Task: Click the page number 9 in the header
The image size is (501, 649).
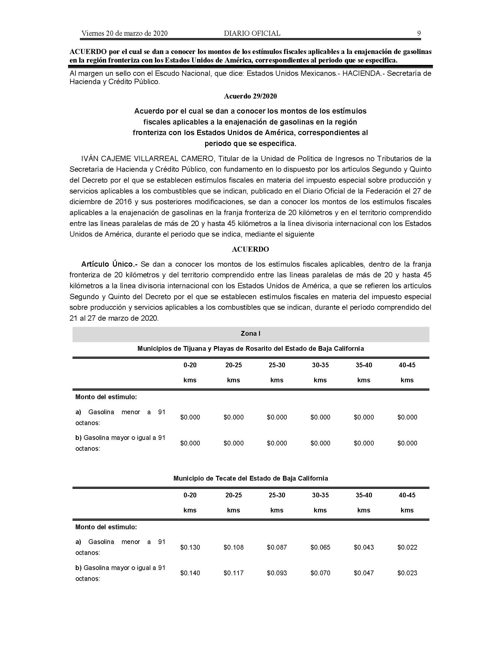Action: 419,33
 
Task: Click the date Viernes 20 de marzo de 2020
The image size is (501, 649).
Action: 124,33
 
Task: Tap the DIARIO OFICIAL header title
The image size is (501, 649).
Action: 252,33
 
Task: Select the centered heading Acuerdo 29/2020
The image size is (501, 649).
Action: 250,96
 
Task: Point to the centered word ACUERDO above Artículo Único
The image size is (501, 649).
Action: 250,249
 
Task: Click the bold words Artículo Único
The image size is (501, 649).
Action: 109,264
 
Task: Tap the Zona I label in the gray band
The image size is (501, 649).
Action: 250,333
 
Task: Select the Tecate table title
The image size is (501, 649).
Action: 250,478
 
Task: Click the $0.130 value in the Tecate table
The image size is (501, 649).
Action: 190,547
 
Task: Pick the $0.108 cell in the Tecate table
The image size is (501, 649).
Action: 234,547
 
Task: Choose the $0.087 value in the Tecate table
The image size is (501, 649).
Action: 277,547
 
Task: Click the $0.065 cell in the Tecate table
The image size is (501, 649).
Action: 320,547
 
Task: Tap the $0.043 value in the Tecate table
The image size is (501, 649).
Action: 364,547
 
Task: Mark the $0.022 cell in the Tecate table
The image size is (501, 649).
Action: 407,547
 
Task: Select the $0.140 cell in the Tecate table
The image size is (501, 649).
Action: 190,573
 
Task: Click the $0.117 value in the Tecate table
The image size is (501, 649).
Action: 234,573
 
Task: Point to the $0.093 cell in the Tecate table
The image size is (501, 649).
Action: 277,573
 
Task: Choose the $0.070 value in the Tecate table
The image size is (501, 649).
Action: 320,573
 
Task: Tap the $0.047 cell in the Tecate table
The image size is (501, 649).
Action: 364,573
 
